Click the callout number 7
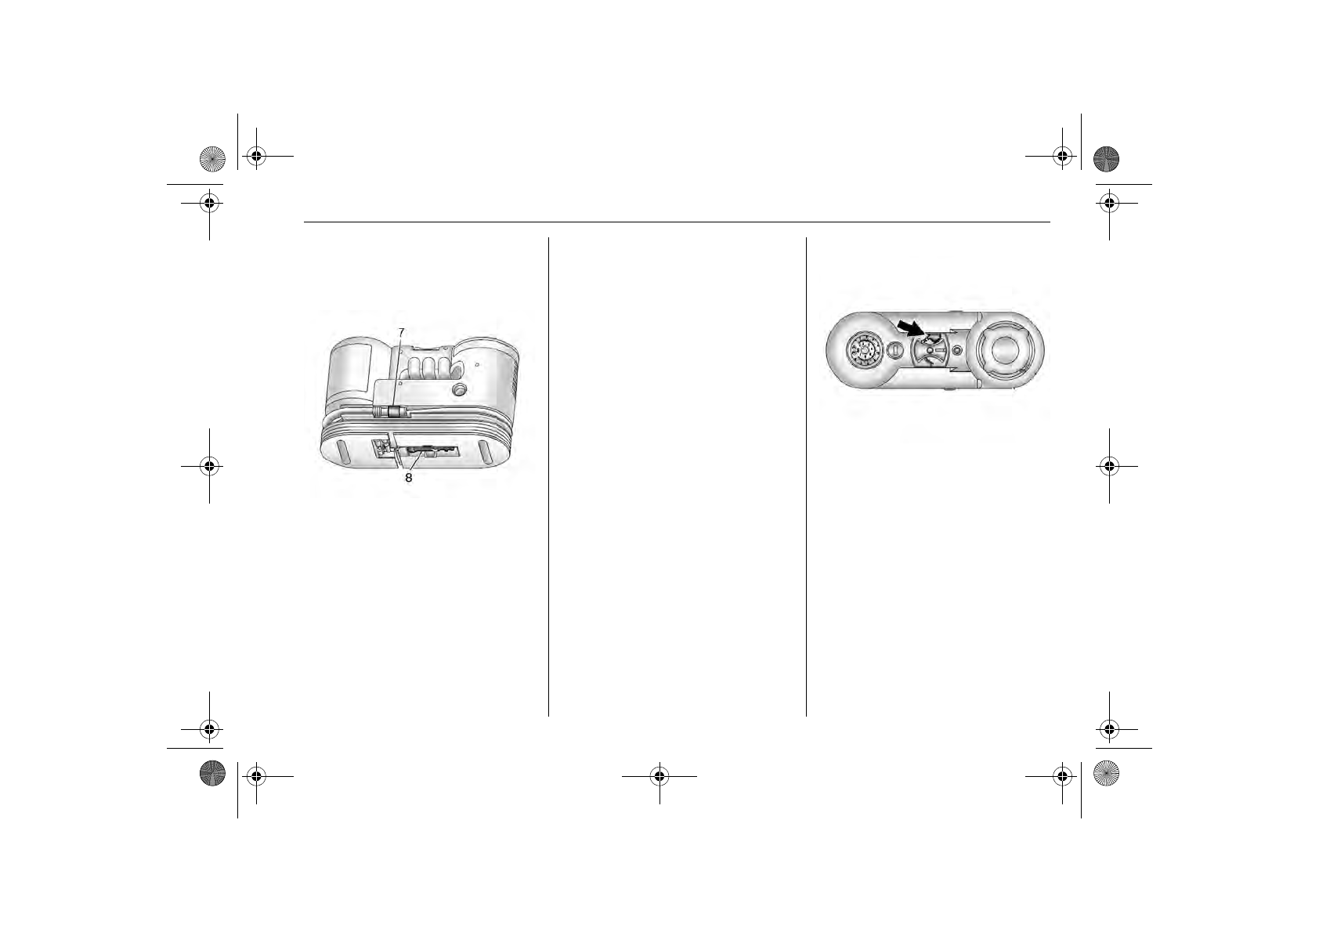pos(401,332)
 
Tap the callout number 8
pos(408,477)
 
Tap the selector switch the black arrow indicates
pos(930,350)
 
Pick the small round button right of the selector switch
pos(956,351)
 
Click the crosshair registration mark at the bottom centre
pos(659,776)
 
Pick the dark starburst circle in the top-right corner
pos(1106,158)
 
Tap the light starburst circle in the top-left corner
pos(212,158)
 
